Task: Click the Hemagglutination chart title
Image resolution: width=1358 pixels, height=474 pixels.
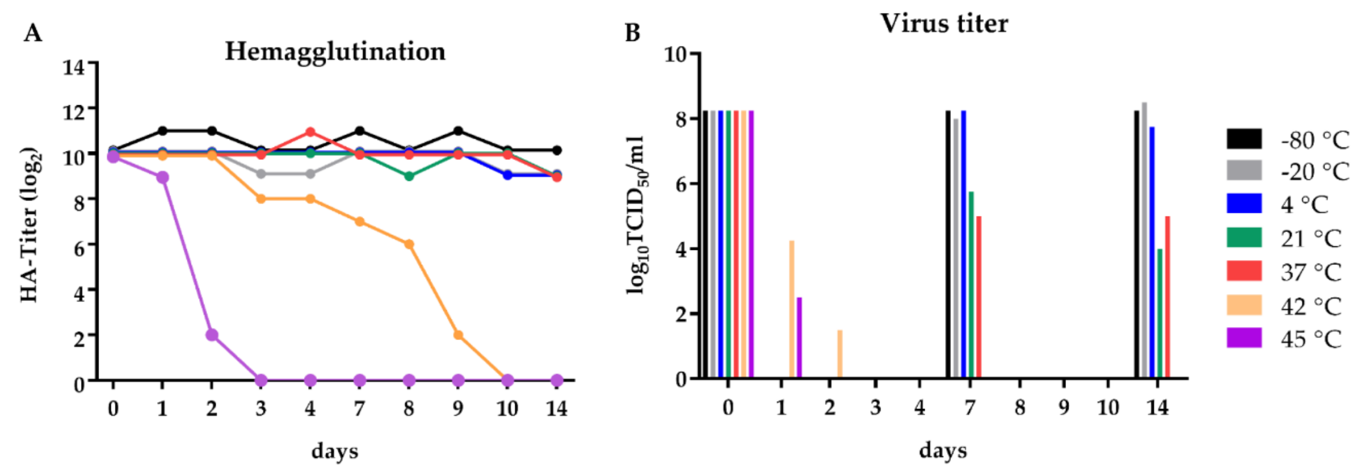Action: pos(335,52)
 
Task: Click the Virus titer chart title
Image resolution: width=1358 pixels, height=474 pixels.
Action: pos(944,24)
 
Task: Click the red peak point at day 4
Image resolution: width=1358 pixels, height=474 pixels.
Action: pos(310,132)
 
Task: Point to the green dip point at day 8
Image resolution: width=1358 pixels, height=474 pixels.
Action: pos(409,176)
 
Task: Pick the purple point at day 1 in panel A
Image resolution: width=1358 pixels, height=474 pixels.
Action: pos(162,178)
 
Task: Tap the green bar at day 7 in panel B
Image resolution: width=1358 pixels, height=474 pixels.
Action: pos(971,285)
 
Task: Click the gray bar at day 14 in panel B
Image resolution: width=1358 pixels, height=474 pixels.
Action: pos(1144,240)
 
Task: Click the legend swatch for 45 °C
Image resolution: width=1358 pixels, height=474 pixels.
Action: pos(1244,338)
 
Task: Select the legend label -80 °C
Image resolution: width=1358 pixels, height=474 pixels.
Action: pos(1314,140)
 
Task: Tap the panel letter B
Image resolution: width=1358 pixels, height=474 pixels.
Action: pos(632,33)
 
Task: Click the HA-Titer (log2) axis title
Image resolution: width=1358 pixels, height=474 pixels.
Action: pos(30,224)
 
